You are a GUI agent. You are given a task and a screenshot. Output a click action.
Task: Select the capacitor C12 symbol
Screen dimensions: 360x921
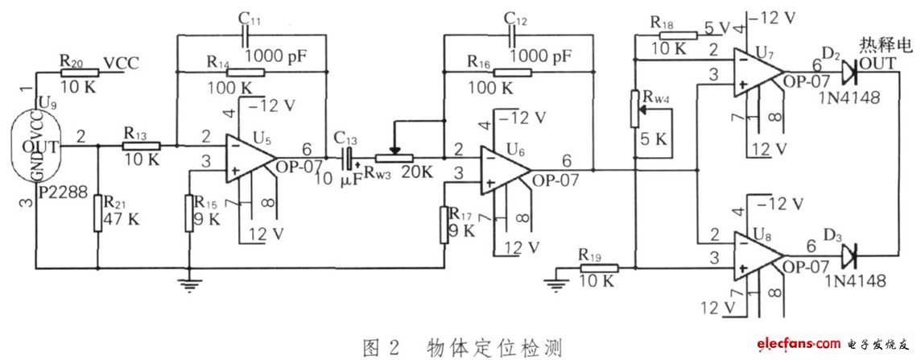click(x=510, y=36)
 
